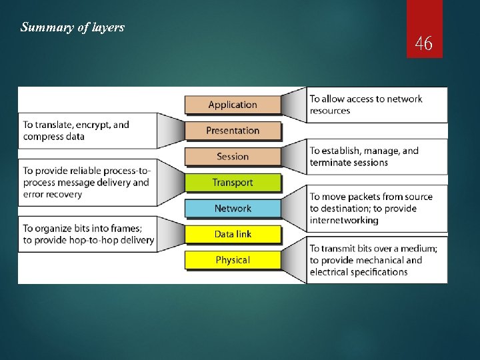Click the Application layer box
[x=233, y=105]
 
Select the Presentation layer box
[x=233, y=131]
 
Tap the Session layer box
[x=233, y=157]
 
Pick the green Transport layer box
[x=233, y=183]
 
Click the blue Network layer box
[x=233, y=209]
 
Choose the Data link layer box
[x=233, y=234]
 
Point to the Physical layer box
[x=233, y=260]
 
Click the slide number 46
[x=424, y=44]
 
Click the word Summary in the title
[x=43, y=28]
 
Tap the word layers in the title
[x=109, y=28]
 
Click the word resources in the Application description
[x=329, y=111]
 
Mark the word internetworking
[x=344, y=220]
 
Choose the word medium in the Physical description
[x=417, y=249]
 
